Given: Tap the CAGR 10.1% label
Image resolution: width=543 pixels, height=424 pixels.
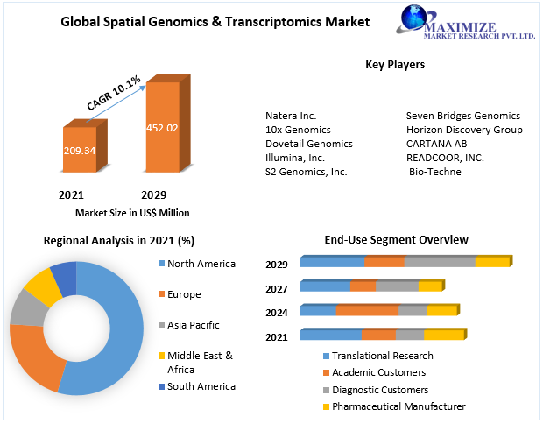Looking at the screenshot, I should [114, 94].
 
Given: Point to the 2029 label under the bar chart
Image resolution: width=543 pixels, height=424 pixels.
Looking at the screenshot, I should [153, 194].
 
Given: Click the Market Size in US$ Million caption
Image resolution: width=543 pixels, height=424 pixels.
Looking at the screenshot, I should [132, 212].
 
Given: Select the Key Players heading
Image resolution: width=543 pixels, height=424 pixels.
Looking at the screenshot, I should [395, 65].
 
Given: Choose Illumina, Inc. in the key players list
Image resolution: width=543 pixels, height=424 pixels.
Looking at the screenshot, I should [295, 158].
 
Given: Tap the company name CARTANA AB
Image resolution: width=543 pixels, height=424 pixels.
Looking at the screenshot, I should [437, 144].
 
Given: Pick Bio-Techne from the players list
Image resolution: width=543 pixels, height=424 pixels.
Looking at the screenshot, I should [435, 172].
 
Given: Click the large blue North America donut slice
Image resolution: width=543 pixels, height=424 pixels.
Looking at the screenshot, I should [114, 342].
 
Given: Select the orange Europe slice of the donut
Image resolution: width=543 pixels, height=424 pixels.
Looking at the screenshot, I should [35, 355].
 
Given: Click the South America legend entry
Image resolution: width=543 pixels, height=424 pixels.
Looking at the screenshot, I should [201, 386].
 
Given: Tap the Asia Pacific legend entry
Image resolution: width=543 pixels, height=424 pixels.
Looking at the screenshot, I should [193, 325].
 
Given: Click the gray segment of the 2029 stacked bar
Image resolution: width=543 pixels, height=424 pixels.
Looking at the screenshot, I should [440, 262].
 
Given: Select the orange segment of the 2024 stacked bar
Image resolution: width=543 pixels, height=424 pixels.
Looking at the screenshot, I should [367, 310].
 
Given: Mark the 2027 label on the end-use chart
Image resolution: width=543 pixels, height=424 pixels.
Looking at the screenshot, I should [277, 288].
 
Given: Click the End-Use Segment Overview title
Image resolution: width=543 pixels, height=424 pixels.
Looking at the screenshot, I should [396, 239].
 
